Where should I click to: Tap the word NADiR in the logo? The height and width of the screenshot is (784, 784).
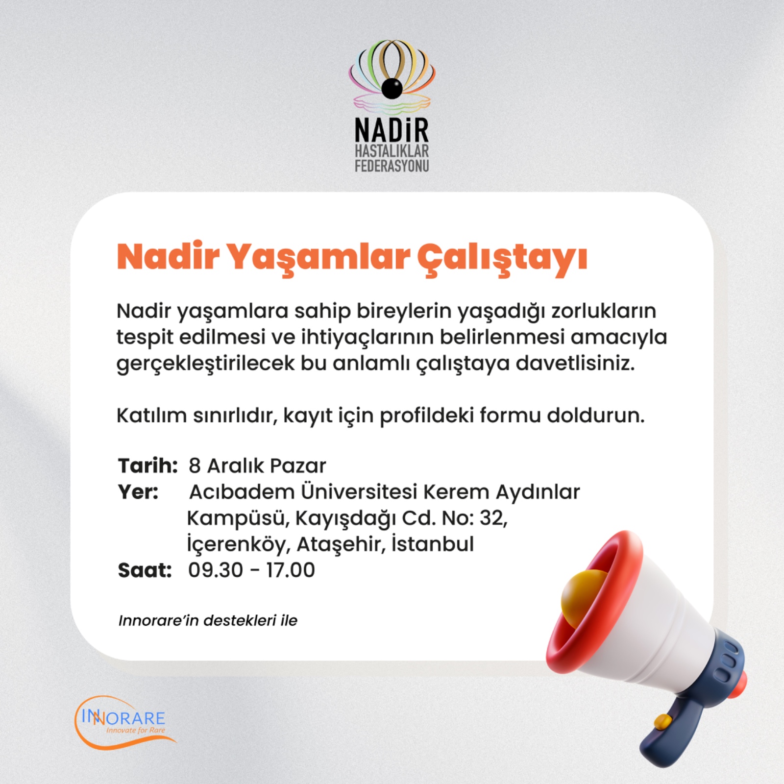point(392,130)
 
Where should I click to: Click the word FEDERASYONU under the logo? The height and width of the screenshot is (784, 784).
point(392,166)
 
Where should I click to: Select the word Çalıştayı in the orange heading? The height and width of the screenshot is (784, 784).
point(502,259)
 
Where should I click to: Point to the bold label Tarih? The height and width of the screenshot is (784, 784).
point(147,465)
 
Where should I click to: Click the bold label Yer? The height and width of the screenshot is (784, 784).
point(138,491)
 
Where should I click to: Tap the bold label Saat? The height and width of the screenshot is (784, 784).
point(145,570)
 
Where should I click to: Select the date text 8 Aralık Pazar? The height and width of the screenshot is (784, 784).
point(257,465)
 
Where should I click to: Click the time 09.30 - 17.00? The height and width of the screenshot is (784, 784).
point(251,570)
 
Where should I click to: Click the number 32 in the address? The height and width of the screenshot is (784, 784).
point(493,518)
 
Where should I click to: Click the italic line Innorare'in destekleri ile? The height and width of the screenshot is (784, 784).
point(208,620)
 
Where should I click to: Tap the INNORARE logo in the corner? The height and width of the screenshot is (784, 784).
point(125,722)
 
